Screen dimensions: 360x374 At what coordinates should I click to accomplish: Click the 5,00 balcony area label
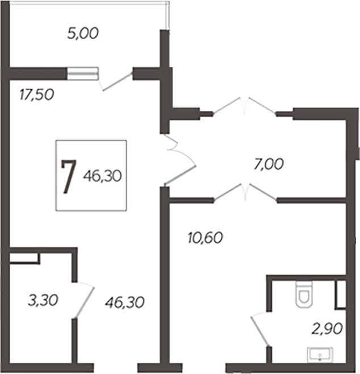point(83,34)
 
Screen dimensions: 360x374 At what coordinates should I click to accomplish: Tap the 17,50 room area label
point(36,94)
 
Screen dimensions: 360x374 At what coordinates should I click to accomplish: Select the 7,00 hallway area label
point(269,164)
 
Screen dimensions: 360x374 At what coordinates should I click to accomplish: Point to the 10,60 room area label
point(205,238)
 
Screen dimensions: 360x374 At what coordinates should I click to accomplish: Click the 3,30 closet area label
point(43,300)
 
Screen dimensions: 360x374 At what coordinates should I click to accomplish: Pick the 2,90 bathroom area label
point(327,329)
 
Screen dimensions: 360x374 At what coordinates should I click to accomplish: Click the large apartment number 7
point(68,176)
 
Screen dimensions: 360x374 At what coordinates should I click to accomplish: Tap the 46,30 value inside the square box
point(102,176)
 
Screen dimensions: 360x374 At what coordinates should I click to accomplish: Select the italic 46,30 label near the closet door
point(124,302)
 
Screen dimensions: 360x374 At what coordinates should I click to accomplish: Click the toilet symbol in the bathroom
point(304,294)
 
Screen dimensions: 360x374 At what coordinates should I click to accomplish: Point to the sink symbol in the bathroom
point(320,355)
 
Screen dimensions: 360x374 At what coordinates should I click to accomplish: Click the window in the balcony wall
point(83,73)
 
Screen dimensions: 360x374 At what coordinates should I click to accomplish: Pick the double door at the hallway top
point(245,106)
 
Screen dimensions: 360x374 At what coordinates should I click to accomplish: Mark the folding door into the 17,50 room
point(180,159)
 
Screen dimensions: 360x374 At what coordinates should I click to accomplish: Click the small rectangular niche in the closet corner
point(24,258)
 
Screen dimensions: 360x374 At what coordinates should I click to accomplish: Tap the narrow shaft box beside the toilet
point(341,294)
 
